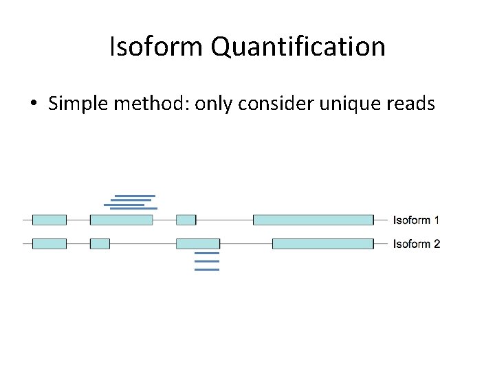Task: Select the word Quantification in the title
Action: pos(298,47)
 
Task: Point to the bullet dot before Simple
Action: pos(33,104)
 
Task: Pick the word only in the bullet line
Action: pos(214,104)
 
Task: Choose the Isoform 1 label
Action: pos(416,220)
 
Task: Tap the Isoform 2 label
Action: pos(416,244)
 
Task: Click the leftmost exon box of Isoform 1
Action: pos(49,220)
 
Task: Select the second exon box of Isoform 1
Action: pos(121,220)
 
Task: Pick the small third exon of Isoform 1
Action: pos(186,220)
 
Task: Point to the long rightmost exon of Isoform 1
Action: pos(313,220)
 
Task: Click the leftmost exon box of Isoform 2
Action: pos(49,244)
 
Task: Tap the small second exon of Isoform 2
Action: pos(100,244)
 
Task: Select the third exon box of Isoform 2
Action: pos(198,244)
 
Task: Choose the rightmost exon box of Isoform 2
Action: pos(322,244)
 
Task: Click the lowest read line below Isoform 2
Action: pos(207,269)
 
